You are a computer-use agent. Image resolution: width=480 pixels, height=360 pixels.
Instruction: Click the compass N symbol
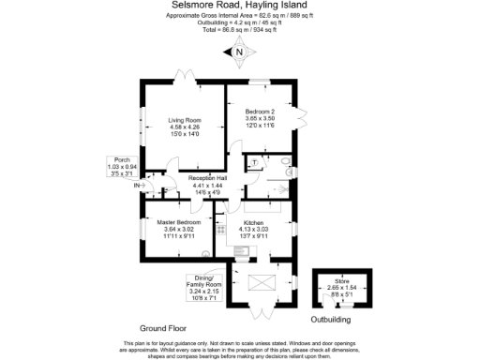pyautogui.click(x=239, y=52)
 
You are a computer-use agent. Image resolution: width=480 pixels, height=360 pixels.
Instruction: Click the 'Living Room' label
pyautogui.click(x=184, y=120)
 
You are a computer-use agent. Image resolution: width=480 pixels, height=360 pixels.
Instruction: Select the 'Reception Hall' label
pyautogui.click(x=207, y=178)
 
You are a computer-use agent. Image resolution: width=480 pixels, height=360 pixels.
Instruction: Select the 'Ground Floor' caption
pyautogui.click(x=162, y=329)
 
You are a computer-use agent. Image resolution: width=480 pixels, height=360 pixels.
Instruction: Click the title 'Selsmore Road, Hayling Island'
pyautogui.click(x=240, y=6)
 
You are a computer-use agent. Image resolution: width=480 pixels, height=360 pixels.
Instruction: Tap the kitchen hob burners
pyautogui.click(x=220, y=227)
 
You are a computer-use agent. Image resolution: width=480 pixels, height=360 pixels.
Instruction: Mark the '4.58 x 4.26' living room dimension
pyautogui.click(x=184, y=127)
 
